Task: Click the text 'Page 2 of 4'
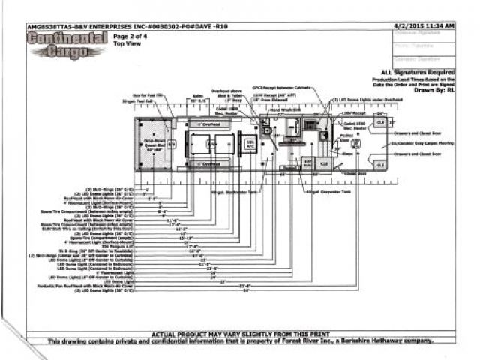(x=129, y=35)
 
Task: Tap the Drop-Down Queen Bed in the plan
(x=153, y=145)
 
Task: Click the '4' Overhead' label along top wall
(x=208, y=124)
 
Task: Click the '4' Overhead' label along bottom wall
(x=208, y=163)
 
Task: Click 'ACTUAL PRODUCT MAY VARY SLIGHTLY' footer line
(x=239, y=334)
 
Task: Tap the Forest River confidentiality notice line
(x=239, y=341)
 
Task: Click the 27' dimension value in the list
(x=223, y=281)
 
